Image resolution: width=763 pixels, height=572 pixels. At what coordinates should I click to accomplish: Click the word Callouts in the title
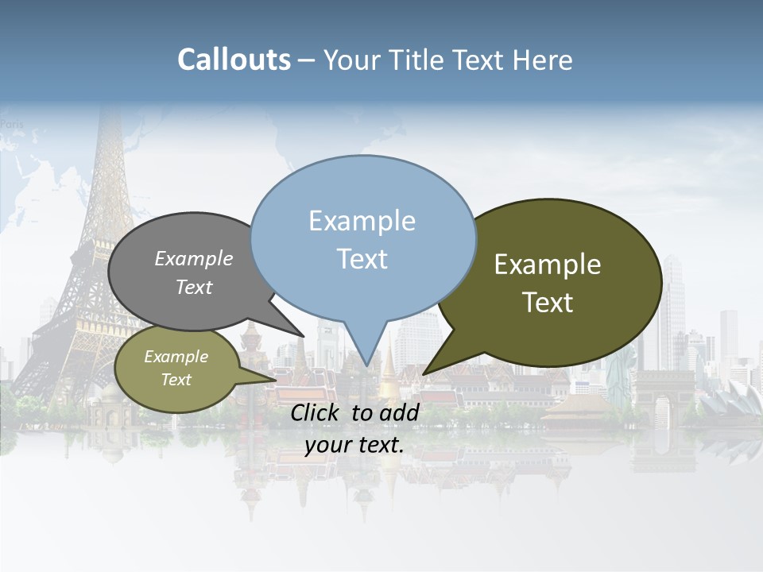(x=234, y=60)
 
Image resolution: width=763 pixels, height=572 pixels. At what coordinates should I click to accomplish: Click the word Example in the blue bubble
(x=362, y=221)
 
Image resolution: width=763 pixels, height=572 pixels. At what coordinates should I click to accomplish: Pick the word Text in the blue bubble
(x=362, y=259)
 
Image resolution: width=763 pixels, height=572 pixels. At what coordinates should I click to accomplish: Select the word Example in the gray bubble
(x=194, y=259)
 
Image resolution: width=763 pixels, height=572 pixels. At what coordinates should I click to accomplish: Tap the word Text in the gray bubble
(x=194, y=288)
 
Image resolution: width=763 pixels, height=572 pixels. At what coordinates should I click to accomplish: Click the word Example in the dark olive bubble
(x=548, y=265)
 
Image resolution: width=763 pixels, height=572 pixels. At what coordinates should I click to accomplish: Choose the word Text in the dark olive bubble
(x=548, y=303)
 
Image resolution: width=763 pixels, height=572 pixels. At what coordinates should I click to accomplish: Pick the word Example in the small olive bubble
(x=176, y=357)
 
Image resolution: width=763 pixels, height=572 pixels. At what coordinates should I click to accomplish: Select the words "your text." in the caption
(x=354, y=445)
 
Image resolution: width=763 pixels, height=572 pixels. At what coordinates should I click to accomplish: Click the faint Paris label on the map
(x=12, y=124)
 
